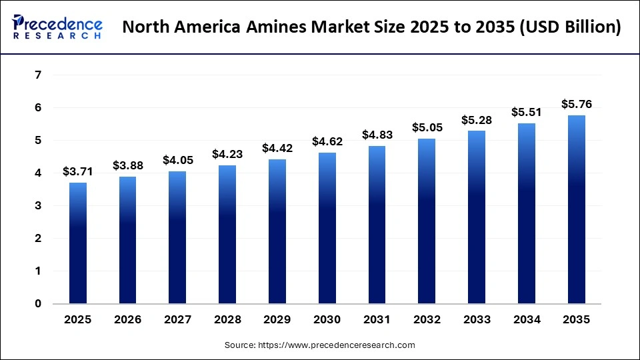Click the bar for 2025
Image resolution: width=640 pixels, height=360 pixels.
[77, 243]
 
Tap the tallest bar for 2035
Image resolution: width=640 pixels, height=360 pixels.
[577, 209]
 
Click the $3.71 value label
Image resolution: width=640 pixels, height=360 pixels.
[77, 171]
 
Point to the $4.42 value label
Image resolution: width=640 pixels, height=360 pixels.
[277, 148]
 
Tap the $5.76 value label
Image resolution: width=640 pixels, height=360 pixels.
[577, 104]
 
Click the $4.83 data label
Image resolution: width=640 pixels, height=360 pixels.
[377, 135]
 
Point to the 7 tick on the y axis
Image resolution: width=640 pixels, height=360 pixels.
[37, 75]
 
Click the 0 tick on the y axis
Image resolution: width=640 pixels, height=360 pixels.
[37, 304]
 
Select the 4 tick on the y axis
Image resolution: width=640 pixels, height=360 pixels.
[37, 173]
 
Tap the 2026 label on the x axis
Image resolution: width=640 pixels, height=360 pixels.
[127, 320]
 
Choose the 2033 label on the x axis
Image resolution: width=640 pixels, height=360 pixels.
[477, 320]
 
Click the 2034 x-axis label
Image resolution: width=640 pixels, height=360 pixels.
[527, 320]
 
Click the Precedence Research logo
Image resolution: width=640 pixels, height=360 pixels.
[57, 27]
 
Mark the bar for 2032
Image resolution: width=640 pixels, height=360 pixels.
[427, 221]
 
